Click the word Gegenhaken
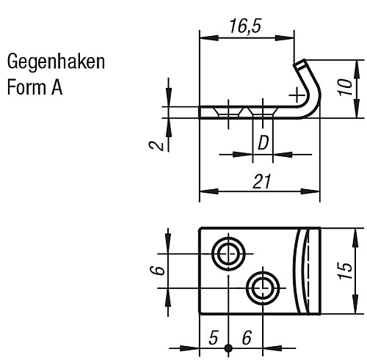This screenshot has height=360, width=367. tap(55, 61)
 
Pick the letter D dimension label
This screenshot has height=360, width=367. tap(262, 143)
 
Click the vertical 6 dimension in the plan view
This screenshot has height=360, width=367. tap(156, 270)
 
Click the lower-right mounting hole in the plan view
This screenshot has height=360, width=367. tap(262, 287)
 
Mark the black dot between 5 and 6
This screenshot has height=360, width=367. tap(229, 348)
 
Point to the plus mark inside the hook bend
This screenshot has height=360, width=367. tap(295, 95)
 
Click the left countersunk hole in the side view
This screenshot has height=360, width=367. tap(228, 112)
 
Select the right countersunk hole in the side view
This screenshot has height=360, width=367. tap(262, 112)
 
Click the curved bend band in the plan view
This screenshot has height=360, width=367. tap(302, 271)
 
